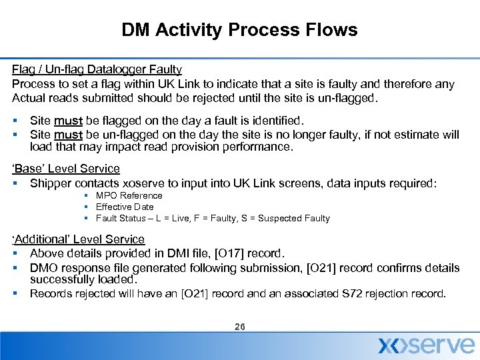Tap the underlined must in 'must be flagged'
(69, 121)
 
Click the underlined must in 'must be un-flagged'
(69, 135)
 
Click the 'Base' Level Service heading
(66, 169)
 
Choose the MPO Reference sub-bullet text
(129, 195)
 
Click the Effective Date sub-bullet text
(124, 207)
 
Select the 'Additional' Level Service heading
(79, 239)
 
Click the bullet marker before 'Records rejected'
(15, 293)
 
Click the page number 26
(240, 327)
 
